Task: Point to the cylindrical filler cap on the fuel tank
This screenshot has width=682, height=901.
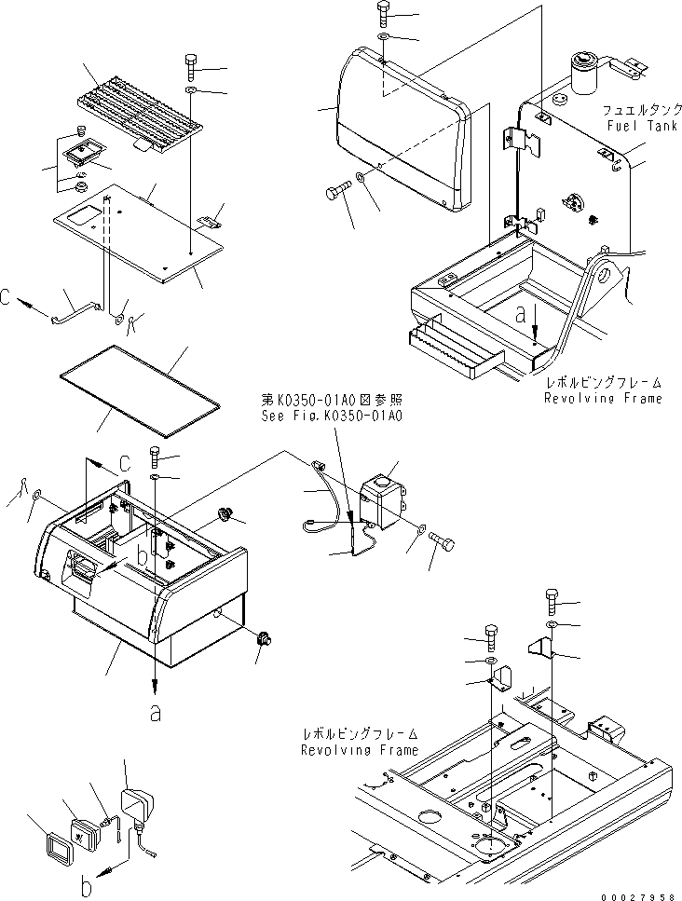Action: click(583, 75)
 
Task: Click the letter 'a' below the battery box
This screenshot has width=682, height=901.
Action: click(154, 715)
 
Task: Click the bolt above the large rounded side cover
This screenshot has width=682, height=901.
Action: click(386, 12)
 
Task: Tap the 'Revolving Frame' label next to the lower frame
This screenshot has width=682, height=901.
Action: click(360, 749)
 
